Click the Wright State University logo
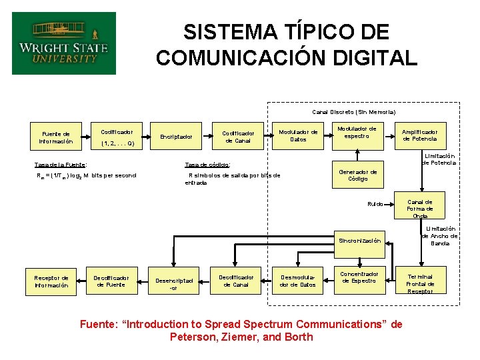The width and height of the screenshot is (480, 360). point(63,43)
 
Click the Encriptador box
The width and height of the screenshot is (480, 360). point(176,137)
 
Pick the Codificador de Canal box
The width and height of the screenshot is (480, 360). point(237,137)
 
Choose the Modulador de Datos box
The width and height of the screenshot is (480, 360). point(298,135)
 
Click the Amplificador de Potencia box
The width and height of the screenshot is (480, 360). point(420,135)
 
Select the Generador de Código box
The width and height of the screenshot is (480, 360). point(358,175)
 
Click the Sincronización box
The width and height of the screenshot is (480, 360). point(359,240)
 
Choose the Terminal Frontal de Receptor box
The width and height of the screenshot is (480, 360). point(420,283)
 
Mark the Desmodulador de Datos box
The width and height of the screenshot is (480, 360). point(298,281)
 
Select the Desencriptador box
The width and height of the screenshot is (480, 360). point(174,284)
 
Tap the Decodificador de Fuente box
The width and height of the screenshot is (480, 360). point(111,281)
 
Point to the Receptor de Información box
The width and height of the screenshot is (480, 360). point(51,281)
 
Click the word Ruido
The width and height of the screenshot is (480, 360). point(375,203)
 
